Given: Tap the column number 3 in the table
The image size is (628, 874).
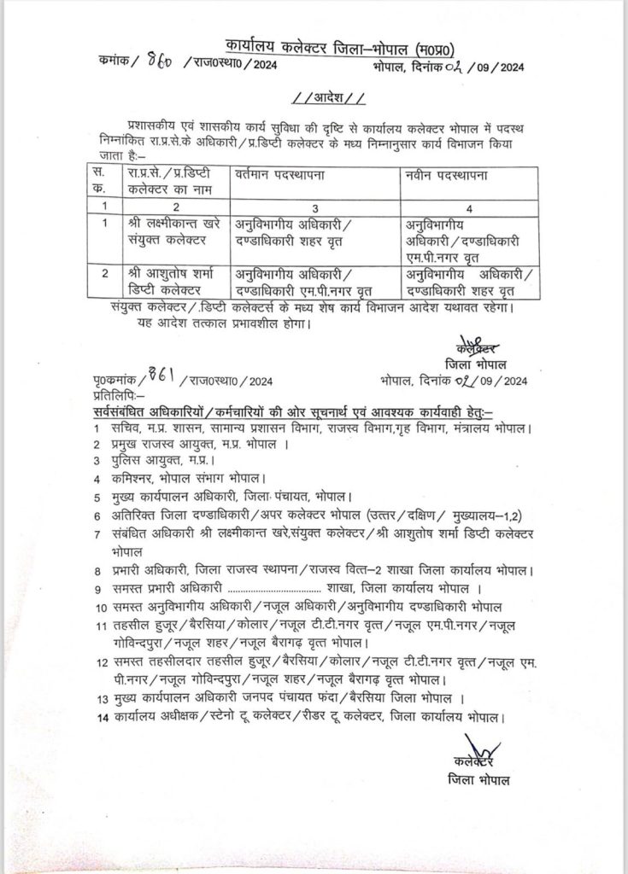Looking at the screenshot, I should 315,207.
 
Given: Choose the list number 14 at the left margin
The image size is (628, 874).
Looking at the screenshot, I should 100,718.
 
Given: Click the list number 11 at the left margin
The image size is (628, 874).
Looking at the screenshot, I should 100,625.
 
